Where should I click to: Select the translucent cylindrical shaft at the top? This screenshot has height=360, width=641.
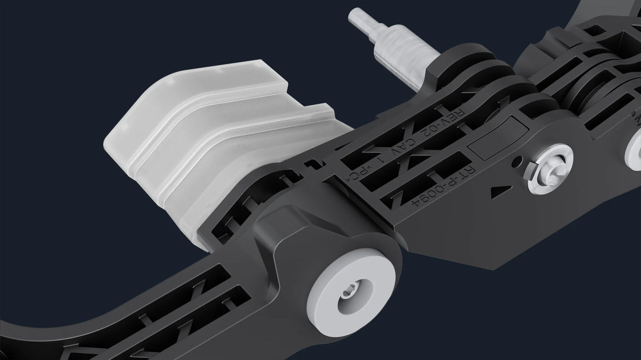[399, 58]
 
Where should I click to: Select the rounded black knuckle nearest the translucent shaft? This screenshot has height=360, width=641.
[452, 67]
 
